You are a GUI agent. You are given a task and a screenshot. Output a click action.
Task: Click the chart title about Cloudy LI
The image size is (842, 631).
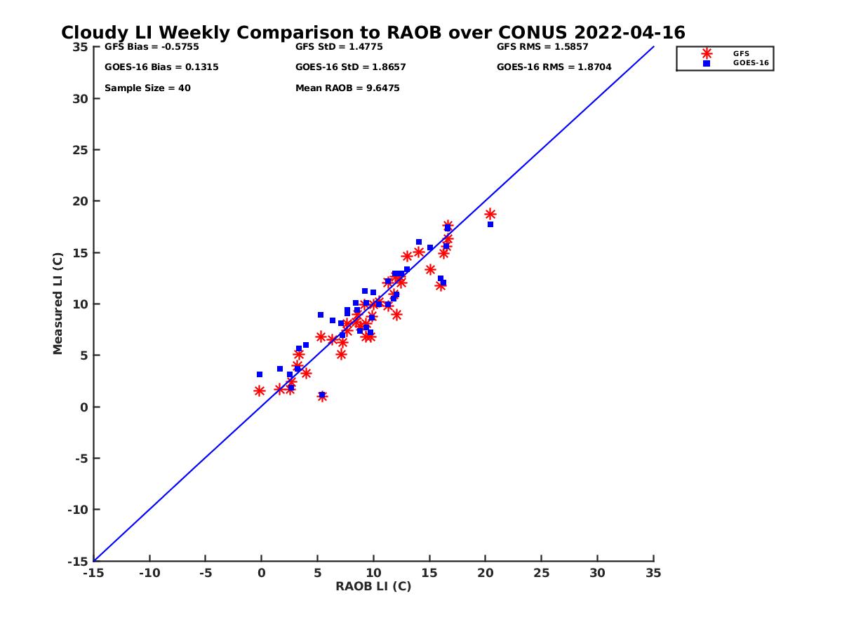click(x=373, y=33)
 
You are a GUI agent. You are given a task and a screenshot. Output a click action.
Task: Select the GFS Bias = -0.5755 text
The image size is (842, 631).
click(x=147, y=47)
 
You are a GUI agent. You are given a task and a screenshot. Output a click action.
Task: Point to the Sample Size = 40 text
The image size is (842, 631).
click(x=147, y=88)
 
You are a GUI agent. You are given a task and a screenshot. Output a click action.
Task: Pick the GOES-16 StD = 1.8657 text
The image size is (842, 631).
click(x=350, y=67)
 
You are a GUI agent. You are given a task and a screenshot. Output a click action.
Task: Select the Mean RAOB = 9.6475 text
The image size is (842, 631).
click(x=347, y=88)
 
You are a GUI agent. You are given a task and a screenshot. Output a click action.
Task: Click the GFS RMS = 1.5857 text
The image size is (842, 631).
click(x=542, y=47)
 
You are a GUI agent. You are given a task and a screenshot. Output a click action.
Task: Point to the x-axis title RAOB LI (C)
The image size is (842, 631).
click(x=373, y=586)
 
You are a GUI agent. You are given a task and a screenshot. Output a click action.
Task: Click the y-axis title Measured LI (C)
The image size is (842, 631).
click(x=58, y=304)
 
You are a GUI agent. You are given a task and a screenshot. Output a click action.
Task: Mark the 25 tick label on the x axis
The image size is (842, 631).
click(x=541, y=573)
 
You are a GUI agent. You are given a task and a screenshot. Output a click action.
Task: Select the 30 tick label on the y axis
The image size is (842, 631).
click(x=80, y=99)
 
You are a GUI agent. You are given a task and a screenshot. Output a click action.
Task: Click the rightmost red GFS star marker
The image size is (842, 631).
click(x=490, y=215)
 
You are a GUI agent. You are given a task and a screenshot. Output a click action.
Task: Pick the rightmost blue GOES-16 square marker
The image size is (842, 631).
click(x=490, y=224)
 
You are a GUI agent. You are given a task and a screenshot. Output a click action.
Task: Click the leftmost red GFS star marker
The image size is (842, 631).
click(x=260, y=391)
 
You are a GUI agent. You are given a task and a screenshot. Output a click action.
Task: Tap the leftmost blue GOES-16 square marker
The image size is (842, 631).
click(x=260, y=374)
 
